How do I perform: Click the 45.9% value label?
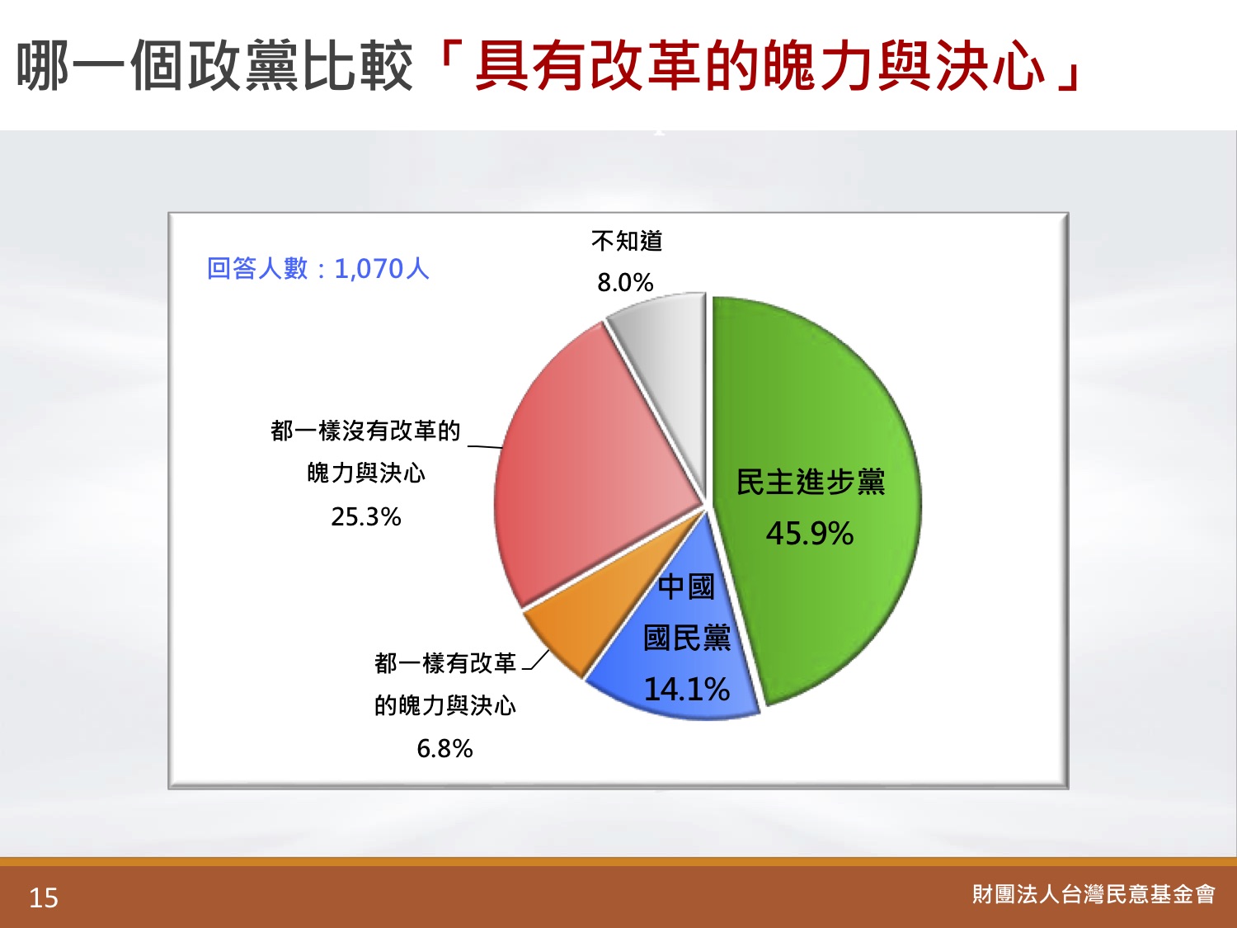point(809,533)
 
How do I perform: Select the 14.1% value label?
point(686,689)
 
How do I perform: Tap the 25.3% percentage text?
point(366,516)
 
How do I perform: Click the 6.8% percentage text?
point(444,749)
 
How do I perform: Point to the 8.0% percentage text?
point(626,282)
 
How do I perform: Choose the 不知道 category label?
point(627,241)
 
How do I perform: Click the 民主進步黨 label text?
point(811,482)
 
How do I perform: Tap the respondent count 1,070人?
point(382,269)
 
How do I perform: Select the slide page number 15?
point(44,898)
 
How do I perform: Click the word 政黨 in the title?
point(243,66)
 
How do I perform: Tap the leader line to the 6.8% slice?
point(536,660)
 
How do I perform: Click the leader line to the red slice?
point(485,447)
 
